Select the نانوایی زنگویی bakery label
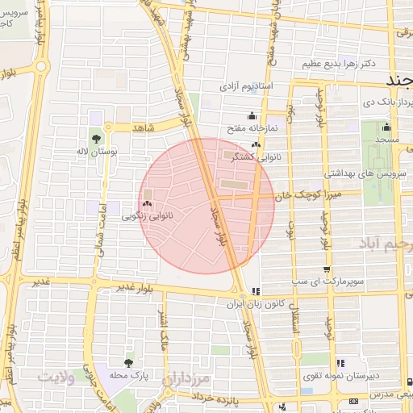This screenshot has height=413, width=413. click(x=146, y=216)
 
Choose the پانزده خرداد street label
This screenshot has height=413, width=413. click(x=238, y=397)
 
